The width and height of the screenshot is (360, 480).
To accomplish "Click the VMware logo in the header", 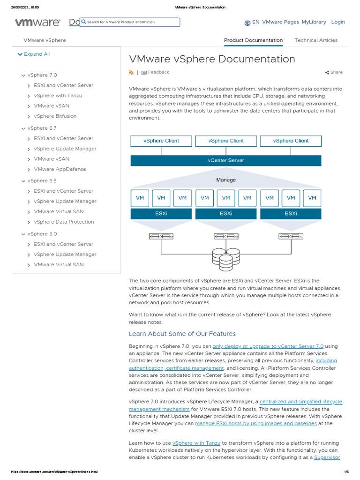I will click(37, 22).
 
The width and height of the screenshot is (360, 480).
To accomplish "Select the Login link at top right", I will click(337, 22).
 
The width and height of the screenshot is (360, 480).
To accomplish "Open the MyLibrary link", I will click(314, 22).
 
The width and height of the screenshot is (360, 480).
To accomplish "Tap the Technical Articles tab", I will click(315, 40).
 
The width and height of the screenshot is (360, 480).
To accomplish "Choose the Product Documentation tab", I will click(253, 40).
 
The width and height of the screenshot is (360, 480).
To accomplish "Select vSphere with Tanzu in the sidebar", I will click(58, 96).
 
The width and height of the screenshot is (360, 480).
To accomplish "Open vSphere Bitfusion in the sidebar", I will click(55, 116).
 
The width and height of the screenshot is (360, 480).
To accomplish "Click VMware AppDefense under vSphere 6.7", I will click(60, 169).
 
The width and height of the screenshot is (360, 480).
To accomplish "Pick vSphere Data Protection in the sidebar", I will click(63, 222).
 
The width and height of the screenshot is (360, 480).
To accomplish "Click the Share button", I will click(334, 73).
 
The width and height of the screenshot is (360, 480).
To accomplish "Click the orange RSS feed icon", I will click(131, 73).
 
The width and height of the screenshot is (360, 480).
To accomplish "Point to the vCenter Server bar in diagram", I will click(225, 160).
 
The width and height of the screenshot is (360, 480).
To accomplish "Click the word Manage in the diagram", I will click(225, 180).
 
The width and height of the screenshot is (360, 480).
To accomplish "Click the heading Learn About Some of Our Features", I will click(182, 334).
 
